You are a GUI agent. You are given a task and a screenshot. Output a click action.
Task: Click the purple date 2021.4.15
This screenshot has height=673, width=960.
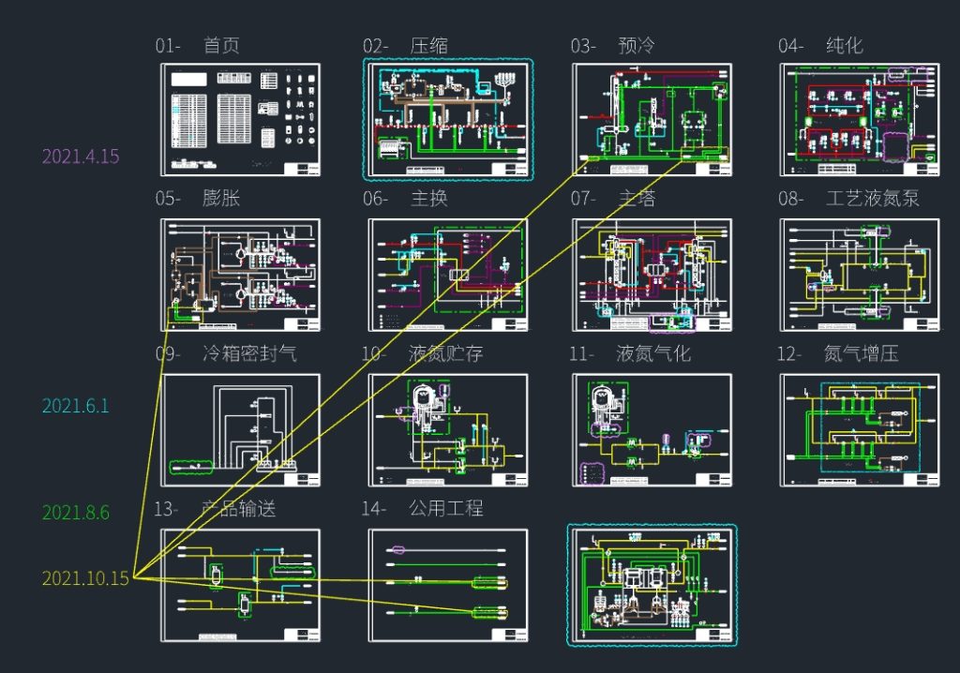[81, 157]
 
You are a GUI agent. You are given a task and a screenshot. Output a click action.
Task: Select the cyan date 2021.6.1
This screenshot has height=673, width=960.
[75, 406]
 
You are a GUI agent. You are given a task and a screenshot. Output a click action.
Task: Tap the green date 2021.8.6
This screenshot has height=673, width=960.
[75, 513]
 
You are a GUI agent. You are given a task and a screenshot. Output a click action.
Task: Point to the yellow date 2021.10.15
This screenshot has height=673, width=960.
[85, 578]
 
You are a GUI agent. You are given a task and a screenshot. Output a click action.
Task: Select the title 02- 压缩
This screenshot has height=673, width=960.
[405, 46]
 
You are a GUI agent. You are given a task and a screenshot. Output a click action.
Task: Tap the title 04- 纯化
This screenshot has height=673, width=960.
[820, 46]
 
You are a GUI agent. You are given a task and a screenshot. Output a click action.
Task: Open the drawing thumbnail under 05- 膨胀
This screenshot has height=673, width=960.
[240, 275]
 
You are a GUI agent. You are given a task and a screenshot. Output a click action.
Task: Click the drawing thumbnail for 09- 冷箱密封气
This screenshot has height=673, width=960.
[240, 430]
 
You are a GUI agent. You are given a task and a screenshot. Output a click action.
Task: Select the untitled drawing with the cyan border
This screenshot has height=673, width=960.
[652, 586]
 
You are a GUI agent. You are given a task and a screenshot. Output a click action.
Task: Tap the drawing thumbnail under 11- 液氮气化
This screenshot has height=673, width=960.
[652, 430]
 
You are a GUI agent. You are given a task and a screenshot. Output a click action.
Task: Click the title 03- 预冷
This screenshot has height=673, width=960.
[613, 46]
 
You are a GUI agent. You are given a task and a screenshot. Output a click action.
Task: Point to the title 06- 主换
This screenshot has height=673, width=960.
[405, 199]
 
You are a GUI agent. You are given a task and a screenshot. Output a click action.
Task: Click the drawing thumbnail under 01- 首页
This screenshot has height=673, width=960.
[240, 120]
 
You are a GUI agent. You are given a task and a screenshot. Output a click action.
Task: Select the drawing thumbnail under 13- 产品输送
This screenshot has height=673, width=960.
[240, 586]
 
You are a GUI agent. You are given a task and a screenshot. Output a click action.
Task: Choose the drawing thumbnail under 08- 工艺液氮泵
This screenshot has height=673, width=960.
[859, 275]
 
